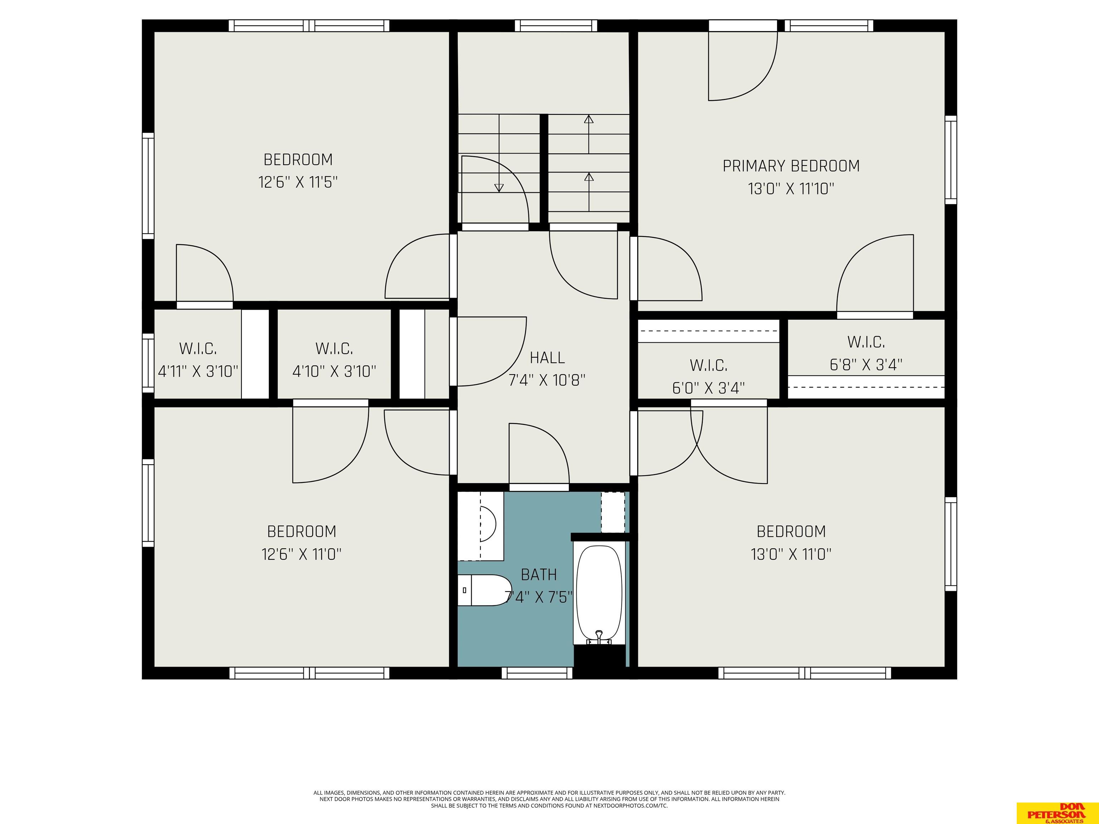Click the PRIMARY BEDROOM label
(x=791, y=166)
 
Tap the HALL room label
(x=547, y=358)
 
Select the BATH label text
(x=538, y=575)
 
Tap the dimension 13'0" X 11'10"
(x=791, y=189)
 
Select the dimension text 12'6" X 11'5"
(x=298, y=182)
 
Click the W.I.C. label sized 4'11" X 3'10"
(x=198, y=349)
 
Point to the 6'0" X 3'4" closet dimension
(x=708, y=388)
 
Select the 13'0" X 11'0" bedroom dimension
(x=791, y=554)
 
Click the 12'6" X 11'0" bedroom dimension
(x=302, y=554)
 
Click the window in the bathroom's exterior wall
(x=537, y=673)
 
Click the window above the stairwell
(x=556, y=25)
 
